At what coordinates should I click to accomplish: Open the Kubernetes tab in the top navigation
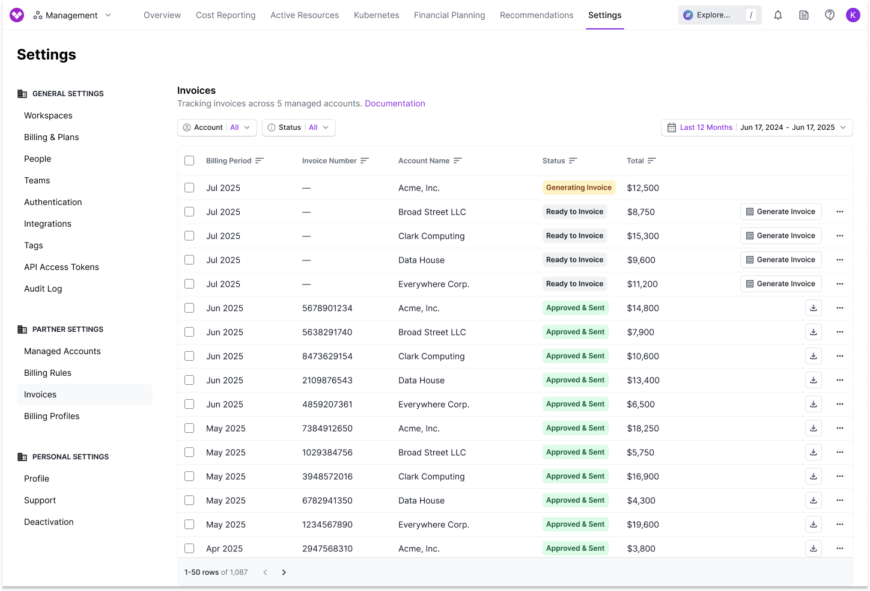[x=376, y=15]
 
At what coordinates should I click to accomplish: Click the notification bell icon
[x=778, y=15]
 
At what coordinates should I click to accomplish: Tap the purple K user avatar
[x=853, y=15]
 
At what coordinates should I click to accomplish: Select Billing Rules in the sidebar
[x=47, y=373]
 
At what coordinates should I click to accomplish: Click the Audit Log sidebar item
[x=43, y=289]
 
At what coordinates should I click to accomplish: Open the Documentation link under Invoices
[x=395, y=103]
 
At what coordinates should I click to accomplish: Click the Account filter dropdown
[x=217, y=127]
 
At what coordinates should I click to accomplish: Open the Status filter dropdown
[x=299, y=127]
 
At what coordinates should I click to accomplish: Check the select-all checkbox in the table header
[x=189, y=161]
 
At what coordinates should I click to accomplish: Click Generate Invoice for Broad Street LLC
[x=780, y=212]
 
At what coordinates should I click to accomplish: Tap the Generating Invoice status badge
[x=579, y=188]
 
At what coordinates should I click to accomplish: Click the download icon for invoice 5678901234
[x=813, y=308]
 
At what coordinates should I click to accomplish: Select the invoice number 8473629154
[x=327, y=356]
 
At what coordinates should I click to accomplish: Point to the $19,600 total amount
[x=643, y=524]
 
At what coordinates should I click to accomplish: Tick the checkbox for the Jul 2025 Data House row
[x=189, y=260]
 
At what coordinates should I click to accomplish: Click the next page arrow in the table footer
[x=284, y=572]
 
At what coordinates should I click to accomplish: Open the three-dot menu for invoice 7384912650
[x=840, y=428]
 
